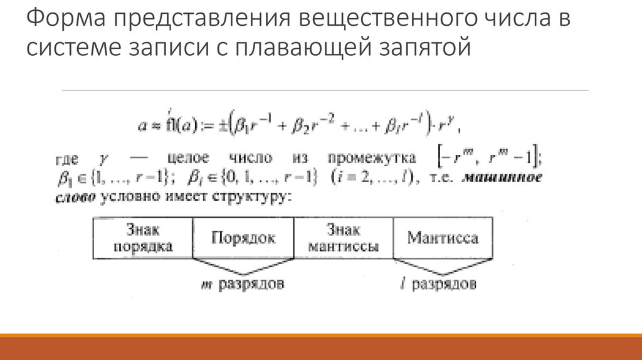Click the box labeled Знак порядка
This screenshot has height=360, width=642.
143,238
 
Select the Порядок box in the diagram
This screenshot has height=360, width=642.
243,238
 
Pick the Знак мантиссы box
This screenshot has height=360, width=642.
343,238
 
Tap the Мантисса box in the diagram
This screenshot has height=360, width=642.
443,238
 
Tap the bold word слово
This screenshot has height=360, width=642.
71,196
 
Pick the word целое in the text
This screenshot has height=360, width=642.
187,157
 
